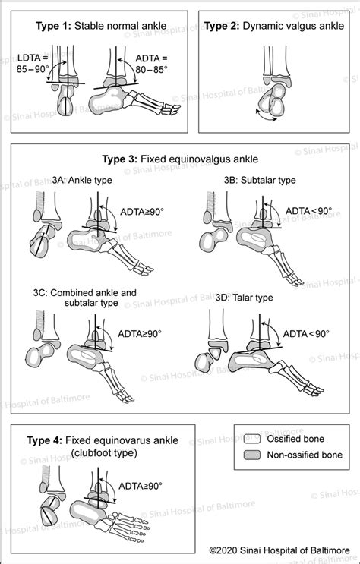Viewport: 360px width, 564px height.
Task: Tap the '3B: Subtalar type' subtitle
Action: pyautogui.click(x=254, y=181)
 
